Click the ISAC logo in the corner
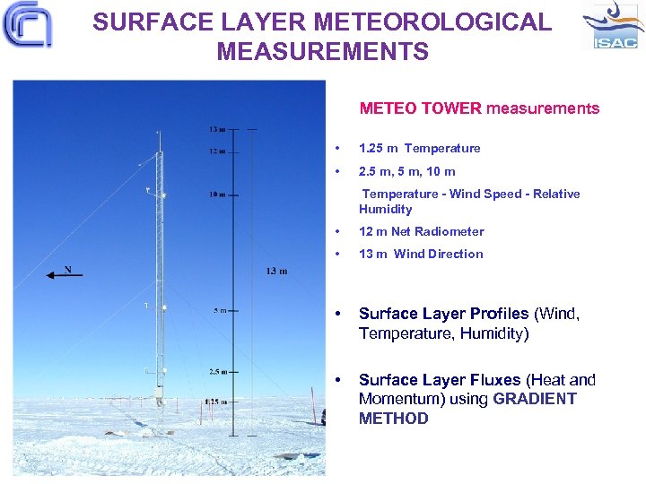613,27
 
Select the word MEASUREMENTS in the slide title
322,52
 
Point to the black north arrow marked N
64,273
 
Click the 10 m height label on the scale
218,194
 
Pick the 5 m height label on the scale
221,310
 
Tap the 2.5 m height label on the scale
218,370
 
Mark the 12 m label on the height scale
217,151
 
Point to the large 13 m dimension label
276,271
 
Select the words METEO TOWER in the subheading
421,108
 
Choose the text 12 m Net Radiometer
421,231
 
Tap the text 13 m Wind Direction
421,254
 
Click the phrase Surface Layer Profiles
444,314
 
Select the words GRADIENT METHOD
467,409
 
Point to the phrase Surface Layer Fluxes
440,380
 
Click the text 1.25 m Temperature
419,148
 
